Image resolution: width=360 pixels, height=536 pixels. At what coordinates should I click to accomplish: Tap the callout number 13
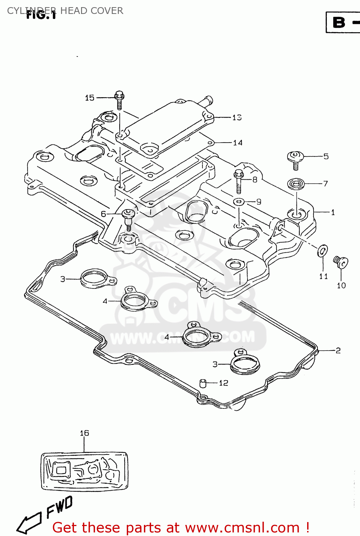pos(237,118)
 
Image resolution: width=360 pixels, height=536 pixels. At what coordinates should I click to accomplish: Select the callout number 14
pos(237,143)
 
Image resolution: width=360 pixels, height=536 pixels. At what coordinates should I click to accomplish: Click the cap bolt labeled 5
pos(295,159)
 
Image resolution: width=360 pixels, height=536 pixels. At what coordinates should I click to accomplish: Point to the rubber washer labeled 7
pos(296,184)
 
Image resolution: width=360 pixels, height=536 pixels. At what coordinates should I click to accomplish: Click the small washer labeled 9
pos(239,202)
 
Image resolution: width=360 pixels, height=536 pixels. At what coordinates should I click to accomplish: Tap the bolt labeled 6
pos(128,218)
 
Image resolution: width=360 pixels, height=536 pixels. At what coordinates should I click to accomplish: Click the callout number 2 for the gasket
pos(338,351)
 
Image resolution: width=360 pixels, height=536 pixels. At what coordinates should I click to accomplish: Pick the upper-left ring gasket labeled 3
pos(94,279)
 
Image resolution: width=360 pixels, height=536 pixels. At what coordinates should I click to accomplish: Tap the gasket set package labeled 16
pos(84,471)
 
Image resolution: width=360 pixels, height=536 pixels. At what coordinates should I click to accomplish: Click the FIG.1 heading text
pos(41,15)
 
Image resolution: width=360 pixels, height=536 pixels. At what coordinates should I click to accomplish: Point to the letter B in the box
pos(339,23)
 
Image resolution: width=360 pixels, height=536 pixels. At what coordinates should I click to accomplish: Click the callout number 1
pos(333,213)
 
